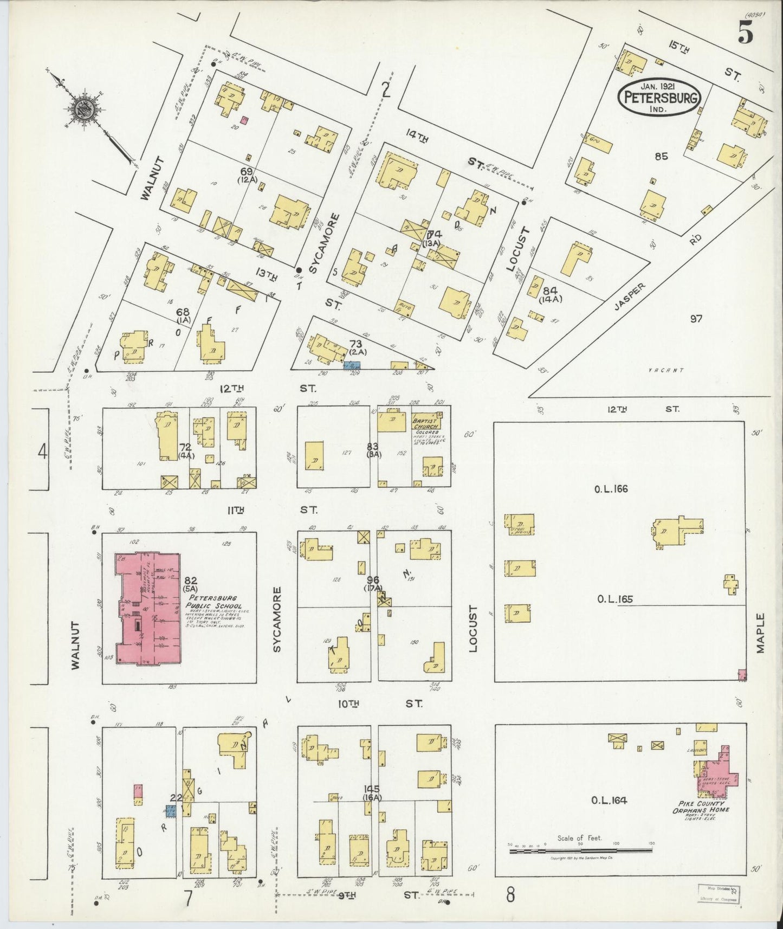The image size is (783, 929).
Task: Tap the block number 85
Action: click(661, 157)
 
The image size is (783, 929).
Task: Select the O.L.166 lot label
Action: click(611, 489)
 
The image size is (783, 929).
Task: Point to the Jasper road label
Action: click(630, 297)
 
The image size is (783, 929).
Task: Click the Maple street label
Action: click(760, 633)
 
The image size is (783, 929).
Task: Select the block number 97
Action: click(696, 319)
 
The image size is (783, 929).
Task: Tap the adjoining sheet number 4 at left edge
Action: click(42, 451)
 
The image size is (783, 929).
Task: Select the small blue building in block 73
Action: click(351, 366)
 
